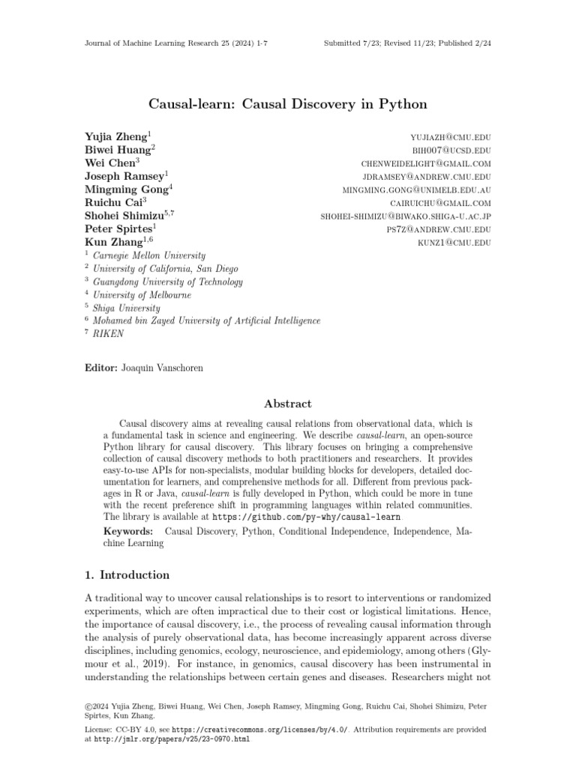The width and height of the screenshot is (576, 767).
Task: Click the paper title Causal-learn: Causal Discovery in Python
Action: coord(287,103)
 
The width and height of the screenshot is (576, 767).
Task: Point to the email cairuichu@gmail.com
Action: coord(440,203)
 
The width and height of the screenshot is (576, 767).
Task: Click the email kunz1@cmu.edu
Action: coord(454,243)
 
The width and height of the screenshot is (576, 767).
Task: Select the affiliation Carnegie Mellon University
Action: coord(149,256)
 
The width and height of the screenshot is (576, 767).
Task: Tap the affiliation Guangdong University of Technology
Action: coord(167,282)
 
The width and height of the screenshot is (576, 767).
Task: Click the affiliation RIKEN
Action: coord(109,334)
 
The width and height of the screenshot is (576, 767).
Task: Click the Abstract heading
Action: coord(287,404)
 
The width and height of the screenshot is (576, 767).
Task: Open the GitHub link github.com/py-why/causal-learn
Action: coord(307,517)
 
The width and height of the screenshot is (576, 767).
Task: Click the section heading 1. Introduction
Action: coord(125,575)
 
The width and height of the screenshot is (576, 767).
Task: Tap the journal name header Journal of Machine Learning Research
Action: coord(159,43)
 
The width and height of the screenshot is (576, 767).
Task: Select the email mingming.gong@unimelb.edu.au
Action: coord(416,190)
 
